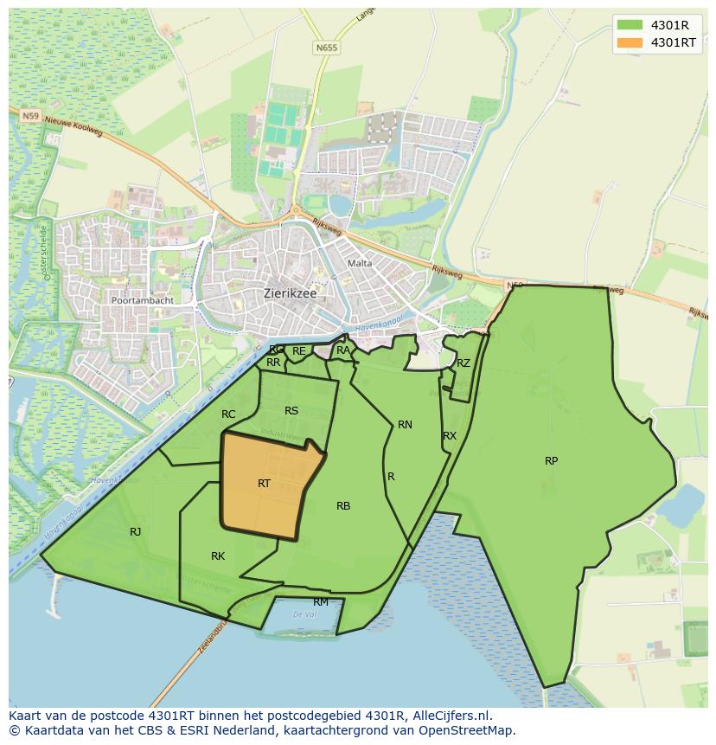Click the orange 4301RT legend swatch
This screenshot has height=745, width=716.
point(630,42)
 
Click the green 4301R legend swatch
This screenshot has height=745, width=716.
point(630,25)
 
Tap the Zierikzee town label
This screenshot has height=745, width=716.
point(290,293)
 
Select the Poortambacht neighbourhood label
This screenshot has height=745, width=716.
point(142,300)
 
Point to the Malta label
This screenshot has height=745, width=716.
point(359,263)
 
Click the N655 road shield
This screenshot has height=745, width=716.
point(326,48)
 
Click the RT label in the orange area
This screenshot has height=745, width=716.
point(264,484)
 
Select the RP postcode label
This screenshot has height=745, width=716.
point(551,460)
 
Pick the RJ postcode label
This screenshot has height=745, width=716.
point(135,532)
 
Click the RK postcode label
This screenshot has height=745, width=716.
point(218,556)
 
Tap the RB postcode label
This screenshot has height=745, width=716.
point(343,506)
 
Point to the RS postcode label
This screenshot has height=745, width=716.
point(291,410)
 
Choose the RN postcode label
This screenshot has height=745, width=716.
point(405,424)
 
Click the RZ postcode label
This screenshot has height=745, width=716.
point(463,363)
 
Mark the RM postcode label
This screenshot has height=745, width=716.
point(321,602)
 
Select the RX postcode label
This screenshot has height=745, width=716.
point(449,436)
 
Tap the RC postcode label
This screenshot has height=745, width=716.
point(228,414)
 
